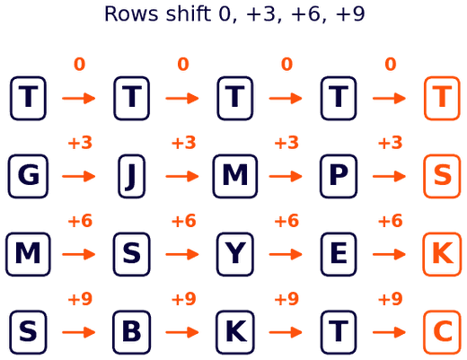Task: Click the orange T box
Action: pyautogui.click(x=442, y=98)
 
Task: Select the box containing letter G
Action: pyautogui.click(x=28, y=176)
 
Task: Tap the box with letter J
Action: pyautogui.click(x=131, y=176)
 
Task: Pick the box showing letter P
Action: pyautogui.click(x=339, y=176)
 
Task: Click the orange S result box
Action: pyautogui.click(x=442, y=176)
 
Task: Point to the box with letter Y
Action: pyautogui.click(x=235, y=254)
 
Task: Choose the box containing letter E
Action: pyautogui.click(x=339, y=254)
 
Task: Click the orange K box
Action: pyautogui.click(x=442, y=254)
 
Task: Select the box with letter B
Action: pyautogui.click(x=131, y=332)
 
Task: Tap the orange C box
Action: pyautogui.click(x=442, y=332)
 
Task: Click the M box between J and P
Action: pyautogui.click(x=235, y=176)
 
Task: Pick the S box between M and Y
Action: pyautogui.click(x=131, y=254)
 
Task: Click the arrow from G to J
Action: pyautogui.click(x=79, y=176)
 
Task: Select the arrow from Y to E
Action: pyautogui.click(x=286, y=254)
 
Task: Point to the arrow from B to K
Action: pyautogui.click(x=182, y=332)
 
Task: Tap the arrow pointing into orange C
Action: pyautogui.click(x=389, y=332)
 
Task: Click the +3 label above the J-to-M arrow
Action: pyautogui.click(x=183, y=143)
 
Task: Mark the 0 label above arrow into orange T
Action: pyautogui.click(x=391, y=64)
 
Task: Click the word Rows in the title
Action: pyautogui.click(x=131, y=13)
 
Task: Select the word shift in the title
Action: pyautogui.click(x=189, y=13)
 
